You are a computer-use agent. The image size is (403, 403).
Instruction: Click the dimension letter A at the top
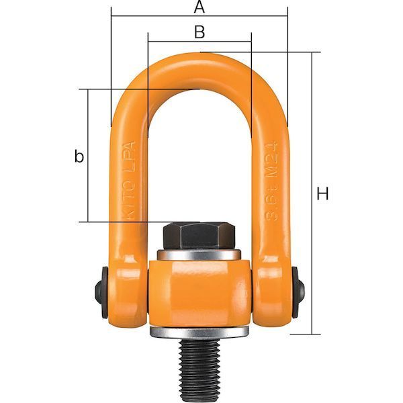[199, 7]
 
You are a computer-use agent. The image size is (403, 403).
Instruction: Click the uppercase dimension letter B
[199, 31]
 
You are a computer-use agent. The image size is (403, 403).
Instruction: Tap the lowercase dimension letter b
[79, 156]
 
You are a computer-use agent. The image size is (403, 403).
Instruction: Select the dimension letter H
[323, 195]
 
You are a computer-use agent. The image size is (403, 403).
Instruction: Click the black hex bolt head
[198, 235]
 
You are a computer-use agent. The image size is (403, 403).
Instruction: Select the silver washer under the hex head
[199, 255]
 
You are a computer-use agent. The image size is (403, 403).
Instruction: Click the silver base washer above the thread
[199, 332]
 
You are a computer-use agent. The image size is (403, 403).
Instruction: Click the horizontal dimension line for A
[154, 16]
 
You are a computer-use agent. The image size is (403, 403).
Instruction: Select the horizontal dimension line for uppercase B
[168, 41]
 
